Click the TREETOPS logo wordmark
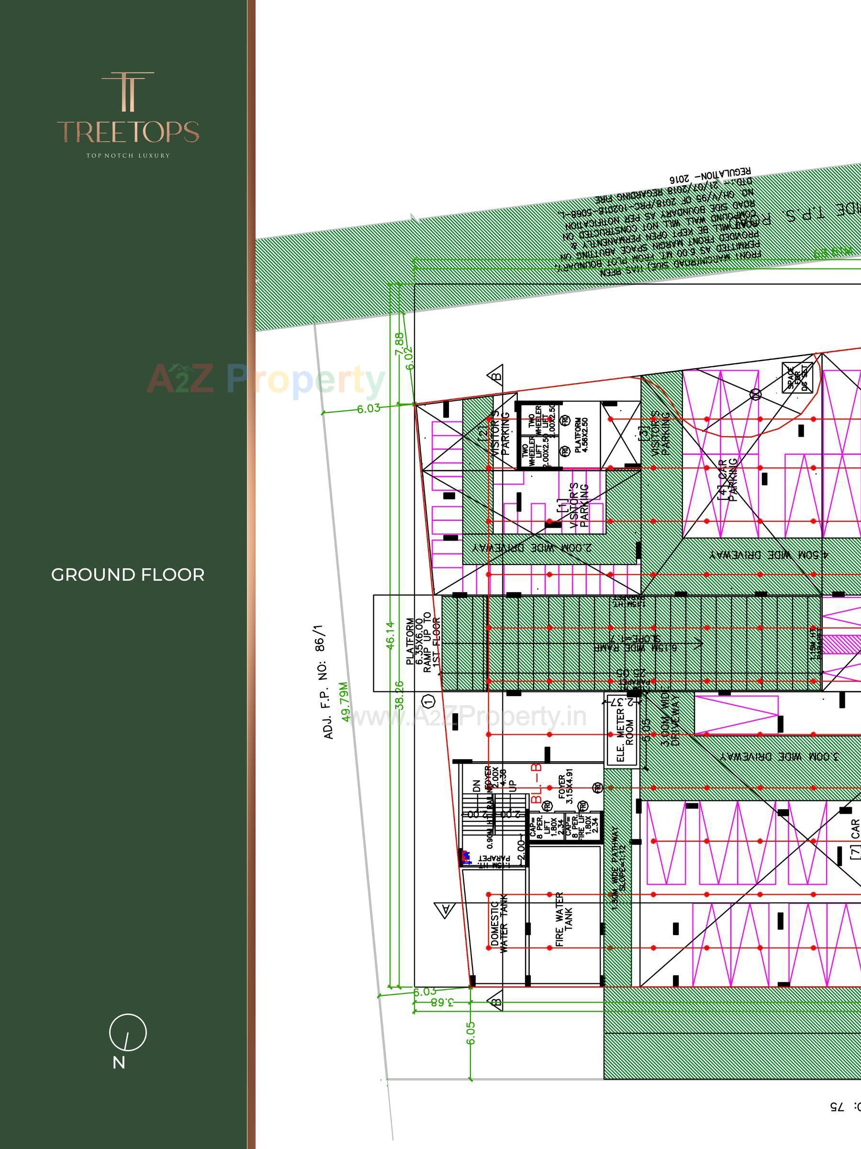[x=128, y=132]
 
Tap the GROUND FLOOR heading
[x=128, y=575]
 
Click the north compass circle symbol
[x=128, y=1032]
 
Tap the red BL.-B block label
[x=537, y=784]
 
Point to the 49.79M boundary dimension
[x=345, y=701]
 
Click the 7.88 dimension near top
[x=399, y=343]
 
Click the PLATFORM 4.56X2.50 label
[x=581, y=435]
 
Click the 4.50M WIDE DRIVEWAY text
[x=769, y=555]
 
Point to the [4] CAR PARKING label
[x=727, y=479]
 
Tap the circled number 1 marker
[x=428, y=702]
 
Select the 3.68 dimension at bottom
[x=442, y=1003]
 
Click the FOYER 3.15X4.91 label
[x=566, y=789]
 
